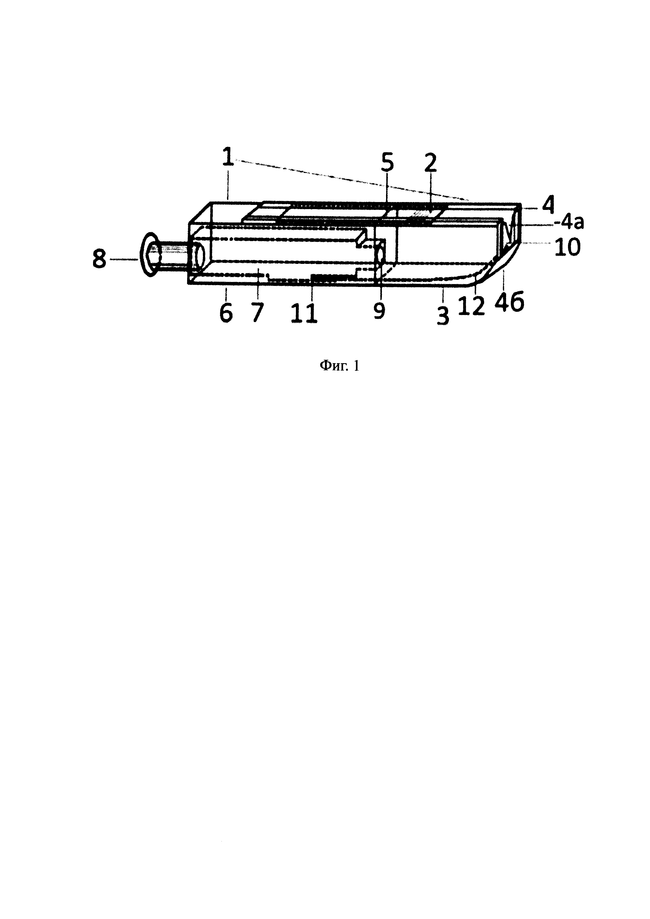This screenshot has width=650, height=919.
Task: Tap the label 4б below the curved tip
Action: pyautogui.click(x=509, y=303)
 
